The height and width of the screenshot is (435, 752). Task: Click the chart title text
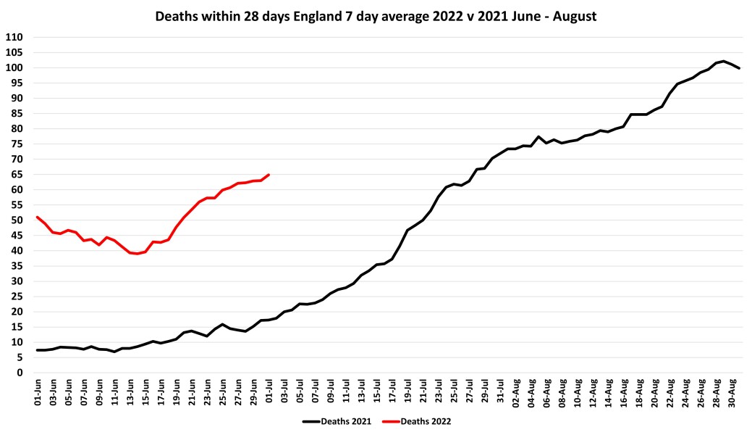[x=376, y=16]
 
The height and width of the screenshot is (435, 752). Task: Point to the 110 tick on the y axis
[x=14, y=37]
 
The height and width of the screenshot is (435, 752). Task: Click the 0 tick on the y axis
[x=20, y=373]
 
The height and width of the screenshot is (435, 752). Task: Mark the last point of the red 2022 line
[x=269, y=174]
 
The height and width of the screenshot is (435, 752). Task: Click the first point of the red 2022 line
[x=37, y=217]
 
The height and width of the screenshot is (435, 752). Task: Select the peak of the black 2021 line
[x=724, y=61]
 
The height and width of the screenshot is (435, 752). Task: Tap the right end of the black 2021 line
[x=739, y=68]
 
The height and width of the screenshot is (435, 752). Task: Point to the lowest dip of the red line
[x=138, y=254]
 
